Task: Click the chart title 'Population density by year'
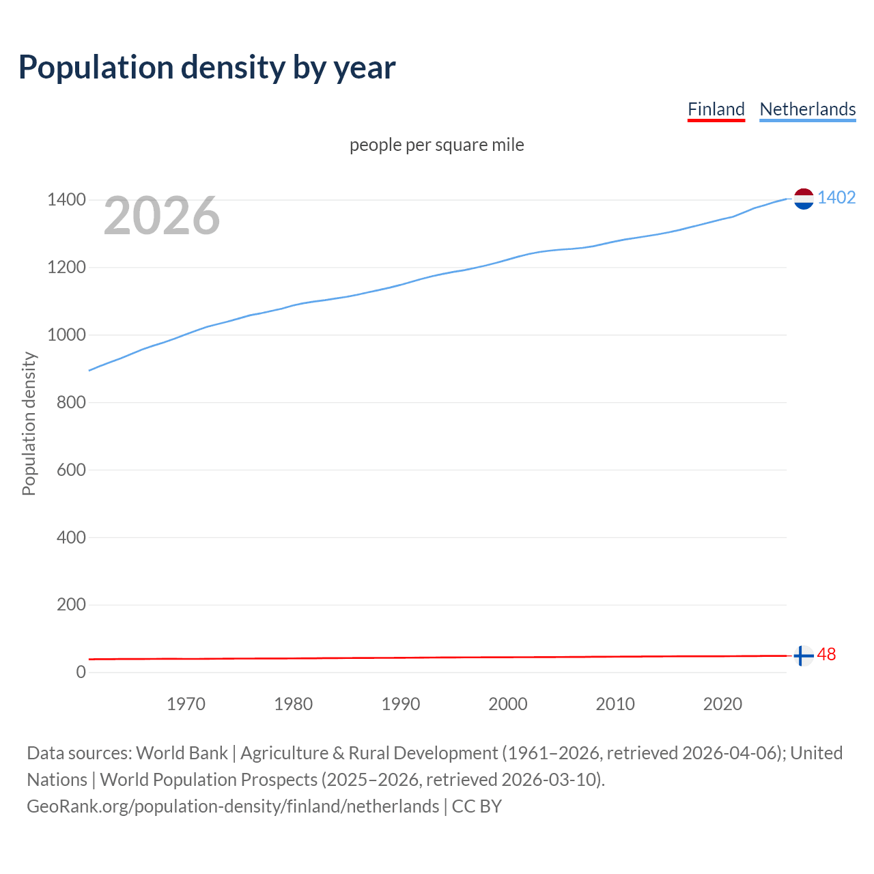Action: [207, 68]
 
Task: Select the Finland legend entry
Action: [716, 109]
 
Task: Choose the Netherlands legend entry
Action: [807, 109]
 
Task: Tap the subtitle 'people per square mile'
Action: [436, 145]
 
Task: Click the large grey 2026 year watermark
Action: [162, 216]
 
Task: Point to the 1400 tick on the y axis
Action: [66, 200]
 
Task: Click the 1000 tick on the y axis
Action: [66, 335]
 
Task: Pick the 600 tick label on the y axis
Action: [71, 470]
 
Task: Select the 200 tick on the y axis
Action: [71, 605]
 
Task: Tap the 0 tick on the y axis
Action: [81, 672]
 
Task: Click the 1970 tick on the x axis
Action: [186, 704]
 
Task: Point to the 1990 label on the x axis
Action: [401, 704]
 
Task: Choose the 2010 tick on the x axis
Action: [615, 704]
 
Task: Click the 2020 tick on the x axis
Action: [722, 704]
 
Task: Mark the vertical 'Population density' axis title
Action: [29, 423]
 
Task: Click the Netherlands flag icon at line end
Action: [804, 199]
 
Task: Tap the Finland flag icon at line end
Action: [804, 655]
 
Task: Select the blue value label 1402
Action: [836, 198]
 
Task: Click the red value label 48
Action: [826, 655]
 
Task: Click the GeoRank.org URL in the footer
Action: [233, 806]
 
